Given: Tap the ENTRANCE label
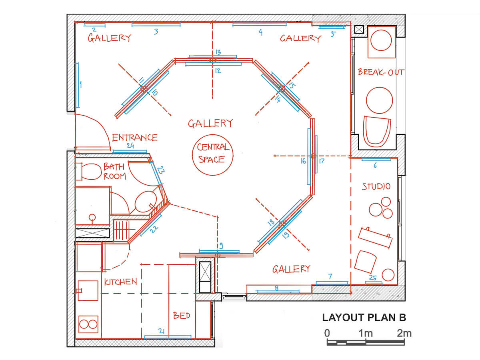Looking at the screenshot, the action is (x=135, y=138).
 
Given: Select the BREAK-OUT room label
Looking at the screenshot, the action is (x=381, y=72).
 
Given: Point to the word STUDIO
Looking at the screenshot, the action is (x=376, y=186).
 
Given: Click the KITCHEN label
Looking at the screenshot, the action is (x=120, y=282).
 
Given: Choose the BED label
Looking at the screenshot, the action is (x=182, y=316).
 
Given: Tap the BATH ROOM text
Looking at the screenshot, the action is (x=114, y=171).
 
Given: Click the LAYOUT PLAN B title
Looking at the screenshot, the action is (x=364, y=317).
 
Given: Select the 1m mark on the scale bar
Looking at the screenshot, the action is (x=366, y=334).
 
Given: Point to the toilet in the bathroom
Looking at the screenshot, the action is (x=88, y=172).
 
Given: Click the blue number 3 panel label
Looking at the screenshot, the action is (x=156, y=32).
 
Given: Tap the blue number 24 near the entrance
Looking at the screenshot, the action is (x=130, y=146).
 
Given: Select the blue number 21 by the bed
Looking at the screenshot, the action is (x=161, y=331).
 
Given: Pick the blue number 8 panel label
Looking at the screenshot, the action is (x=277, y=288).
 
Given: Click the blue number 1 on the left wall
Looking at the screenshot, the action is (x=81, y=84).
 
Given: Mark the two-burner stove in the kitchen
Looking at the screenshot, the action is (x=88, y=324).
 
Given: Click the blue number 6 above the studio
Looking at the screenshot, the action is (x=375, y=166).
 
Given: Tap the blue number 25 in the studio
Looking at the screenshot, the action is (x=373, y=278).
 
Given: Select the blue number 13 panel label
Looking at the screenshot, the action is (x=218, y=52).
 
